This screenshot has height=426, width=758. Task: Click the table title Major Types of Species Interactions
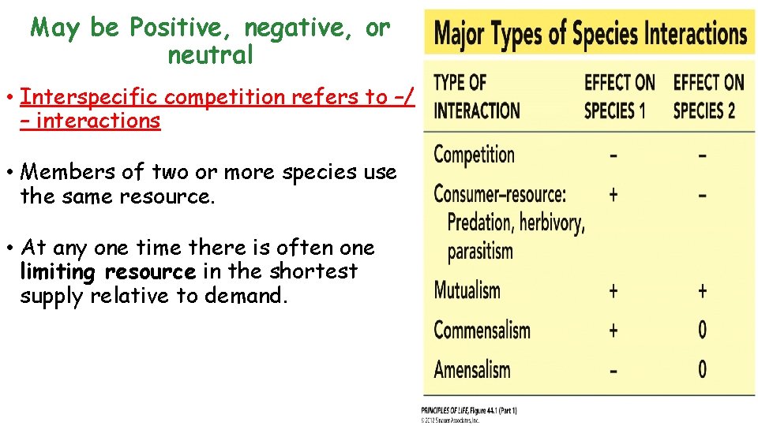pyautogui.click(x=591, y=33)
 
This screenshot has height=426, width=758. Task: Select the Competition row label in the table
pyautogui.click(x=474, y=155)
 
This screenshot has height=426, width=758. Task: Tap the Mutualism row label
pyautogui.click(x=467, y=290)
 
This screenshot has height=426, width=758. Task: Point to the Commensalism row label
pyautogui.click(x=482, y=329)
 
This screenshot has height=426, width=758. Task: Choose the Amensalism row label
pyautogui.click(x=472, y=368)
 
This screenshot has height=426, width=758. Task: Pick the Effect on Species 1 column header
pyautogui.click(x=619, y=96)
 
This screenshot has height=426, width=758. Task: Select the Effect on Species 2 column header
pyautogui.click(x=708, y=96)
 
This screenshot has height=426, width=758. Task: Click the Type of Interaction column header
pyautogui.click(x=476, y=96)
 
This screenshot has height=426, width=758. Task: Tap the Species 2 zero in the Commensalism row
pyautogui.click(x=702, y=330)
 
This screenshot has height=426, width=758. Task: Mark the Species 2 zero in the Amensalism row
pyautogui.click(x=702, y=369)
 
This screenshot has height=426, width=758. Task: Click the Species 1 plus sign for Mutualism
pyautogui.click(x=614, y=290)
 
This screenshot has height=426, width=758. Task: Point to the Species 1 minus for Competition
pyautogui.click(x=614, y=155)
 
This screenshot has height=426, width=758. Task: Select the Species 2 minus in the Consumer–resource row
pyautogui.click(x=702, y=194)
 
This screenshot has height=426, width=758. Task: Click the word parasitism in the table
pyautogui.click(x=480, y=252)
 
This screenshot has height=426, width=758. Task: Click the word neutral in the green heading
pyautogui.click(x=210, y=55)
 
